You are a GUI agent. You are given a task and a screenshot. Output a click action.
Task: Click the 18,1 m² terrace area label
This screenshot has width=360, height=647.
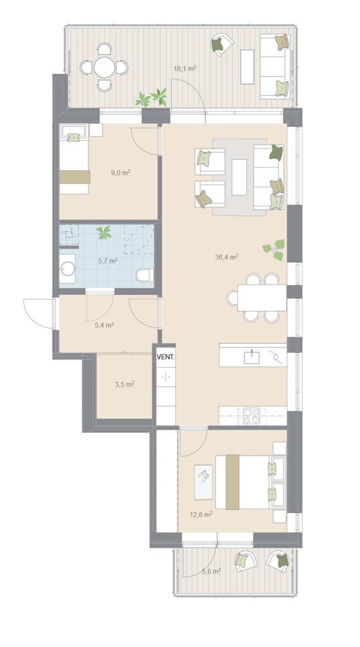184,68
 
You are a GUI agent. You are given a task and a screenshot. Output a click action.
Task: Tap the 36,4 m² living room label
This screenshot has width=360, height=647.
226,257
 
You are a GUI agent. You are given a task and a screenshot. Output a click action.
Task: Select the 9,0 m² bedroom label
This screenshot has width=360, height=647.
121,173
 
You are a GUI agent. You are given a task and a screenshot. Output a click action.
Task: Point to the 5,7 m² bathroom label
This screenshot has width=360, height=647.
107,261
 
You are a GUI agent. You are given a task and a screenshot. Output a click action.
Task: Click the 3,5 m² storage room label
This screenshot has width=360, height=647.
124,384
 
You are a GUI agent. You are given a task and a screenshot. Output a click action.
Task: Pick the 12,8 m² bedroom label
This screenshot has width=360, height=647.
202,514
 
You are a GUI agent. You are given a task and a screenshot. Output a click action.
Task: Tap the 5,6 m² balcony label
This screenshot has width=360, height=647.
211,571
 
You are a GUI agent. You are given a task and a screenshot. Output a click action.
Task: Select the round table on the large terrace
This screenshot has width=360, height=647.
104,67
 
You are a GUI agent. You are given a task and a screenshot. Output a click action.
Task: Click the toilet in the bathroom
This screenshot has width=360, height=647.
145,275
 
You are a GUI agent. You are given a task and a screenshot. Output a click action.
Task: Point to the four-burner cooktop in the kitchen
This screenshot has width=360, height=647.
251,416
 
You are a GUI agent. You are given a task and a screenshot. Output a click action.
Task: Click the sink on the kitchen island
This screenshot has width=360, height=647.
251,357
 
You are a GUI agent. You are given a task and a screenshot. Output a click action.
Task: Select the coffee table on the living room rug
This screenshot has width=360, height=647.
239,177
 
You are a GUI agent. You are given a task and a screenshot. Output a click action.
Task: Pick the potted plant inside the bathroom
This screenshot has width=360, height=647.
104,233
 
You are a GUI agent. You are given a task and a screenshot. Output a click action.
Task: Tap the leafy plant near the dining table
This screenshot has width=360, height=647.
274,249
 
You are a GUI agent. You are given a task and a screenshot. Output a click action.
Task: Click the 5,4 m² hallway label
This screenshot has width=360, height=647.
104,325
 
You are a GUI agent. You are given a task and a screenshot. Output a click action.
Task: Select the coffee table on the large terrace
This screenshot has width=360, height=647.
247,66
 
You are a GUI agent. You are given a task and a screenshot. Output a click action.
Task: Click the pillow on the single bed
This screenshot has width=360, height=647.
73,137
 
